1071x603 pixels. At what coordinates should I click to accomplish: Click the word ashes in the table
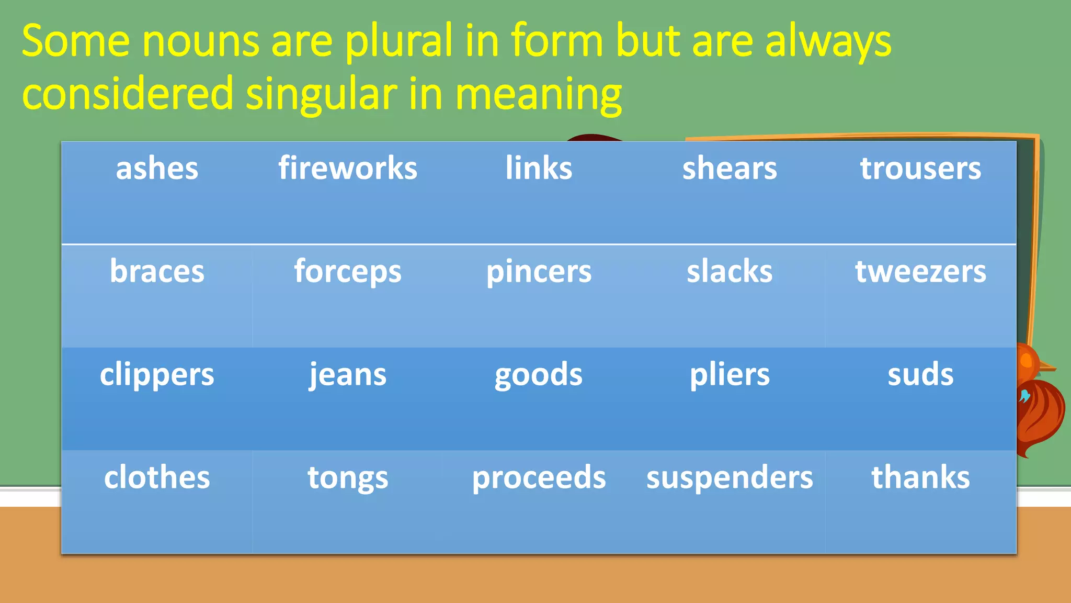point(157,169)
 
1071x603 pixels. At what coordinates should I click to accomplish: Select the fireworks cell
point(348,169)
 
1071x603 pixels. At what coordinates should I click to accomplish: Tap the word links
point(539,169)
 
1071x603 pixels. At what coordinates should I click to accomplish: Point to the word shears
point(730,169)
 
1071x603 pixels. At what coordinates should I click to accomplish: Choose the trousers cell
point(920,169)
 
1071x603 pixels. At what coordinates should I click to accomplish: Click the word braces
point(157,272)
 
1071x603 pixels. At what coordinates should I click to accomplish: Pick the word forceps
point(348,272)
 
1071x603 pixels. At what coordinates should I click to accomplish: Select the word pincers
point(539,272)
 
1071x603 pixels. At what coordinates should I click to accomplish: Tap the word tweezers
point(920,272)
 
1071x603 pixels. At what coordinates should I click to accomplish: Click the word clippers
point(157,375)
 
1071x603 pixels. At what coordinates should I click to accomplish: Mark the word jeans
point(348,375)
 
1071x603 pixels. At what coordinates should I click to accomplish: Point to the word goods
point(539,375)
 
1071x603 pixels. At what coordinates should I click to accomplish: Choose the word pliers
point(730,375)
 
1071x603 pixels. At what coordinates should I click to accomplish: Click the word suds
point(920,375)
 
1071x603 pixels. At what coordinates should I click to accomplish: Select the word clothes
point(157,477)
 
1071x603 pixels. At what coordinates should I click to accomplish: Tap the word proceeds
point(539,477)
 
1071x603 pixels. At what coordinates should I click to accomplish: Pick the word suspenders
point(730,477)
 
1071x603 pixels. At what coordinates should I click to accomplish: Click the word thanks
point(920,477)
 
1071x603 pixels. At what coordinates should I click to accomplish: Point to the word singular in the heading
point(321,94)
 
